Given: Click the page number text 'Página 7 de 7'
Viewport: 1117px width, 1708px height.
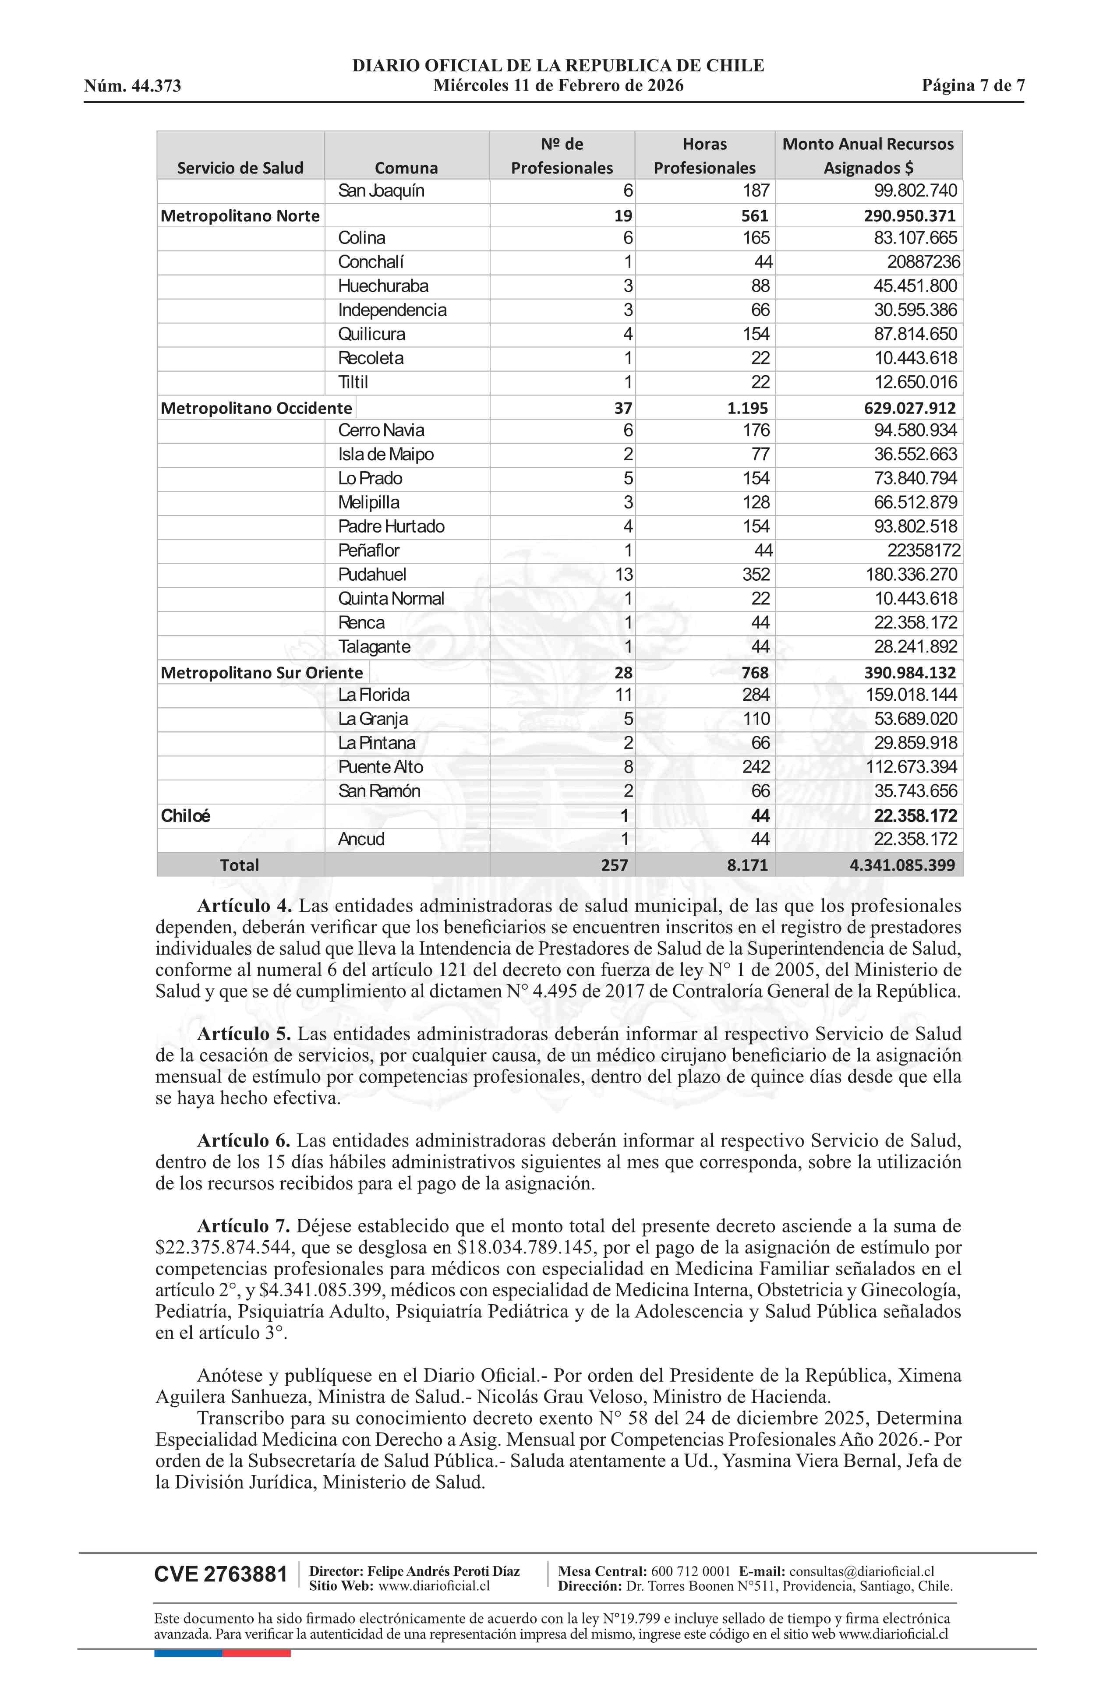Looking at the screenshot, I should tap(973, 86).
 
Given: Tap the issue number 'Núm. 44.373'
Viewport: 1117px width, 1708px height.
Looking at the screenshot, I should tap(133, 86).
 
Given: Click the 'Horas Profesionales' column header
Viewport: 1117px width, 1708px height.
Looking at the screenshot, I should tap(704, 156).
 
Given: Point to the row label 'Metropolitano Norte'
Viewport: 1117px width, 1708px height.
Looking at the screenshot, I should tap(240, 216).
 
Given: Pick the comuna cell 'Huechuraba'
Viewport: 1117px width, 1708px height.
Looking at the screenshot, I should tap(383, 286).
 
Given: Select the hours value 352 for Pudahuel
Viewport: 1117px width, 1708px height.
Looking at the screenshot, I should tap(756, 575).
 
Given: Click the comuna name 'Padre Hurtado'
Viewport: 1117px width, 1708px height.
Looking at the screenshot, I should tap(391, 527).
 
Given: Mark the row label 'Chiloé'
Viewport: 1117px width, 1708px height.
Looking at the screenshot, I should tap(185, 816).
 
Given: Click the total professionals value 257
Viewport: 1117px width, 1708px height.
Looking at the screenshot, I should tap(615, 865).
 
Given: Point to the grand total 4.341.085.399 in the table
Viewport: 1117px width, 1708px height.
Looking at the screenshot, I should tap(902, 865).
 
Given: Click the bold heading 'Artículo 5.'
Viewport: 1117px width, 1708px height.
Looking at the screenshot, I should tap(244, 1034).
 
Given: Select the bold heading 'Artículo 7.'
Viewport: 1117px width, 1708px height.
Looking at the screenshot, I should tap(244, 1226).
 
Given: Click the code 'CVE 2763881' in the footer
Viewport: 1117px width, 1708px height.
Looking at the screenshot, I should tap(220, 1574).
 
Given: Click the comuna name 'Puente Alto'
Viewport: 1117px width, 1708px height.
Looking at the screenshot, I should tap(381, 767).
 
